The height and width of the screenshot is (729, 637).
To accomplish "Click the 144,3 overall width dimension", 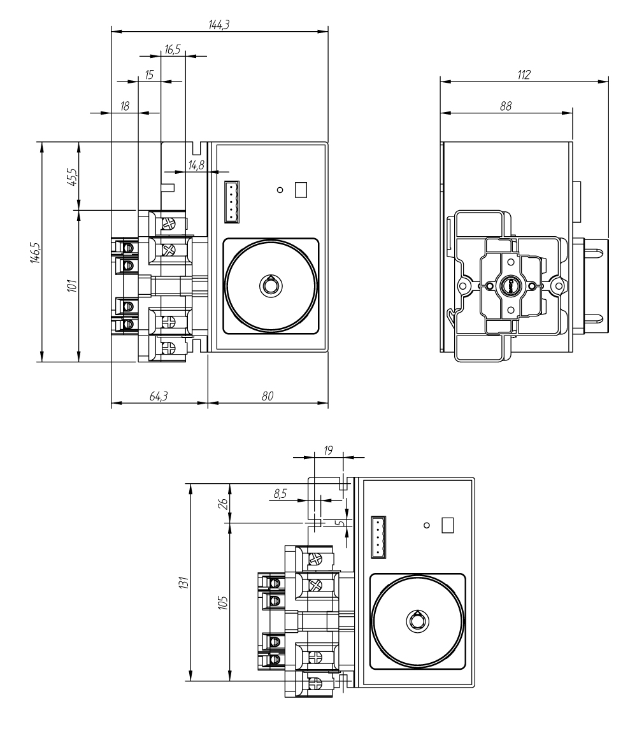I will click(x=219, y=24).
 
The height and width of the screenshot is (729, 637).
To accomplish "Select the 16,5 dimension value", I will click(x=172, y=49).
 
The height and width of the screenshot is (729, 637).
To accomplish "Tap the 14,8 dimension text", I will click(x=196, y=166).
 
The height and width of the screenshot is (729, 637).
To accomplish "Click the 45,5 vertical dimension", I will click(x=73, y=176).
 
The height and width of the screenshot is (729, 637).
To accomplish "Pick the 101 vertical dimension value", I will click(x=73, y=285).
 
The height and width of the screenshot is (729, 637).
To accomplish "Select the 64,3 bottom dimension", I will click(x=159, y=396).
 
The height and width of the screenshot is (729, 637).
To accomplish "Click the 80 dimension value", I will click(x=268, y=396).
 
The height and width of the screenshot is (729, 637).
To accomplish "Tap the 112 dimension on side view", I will click(x=524, y=74).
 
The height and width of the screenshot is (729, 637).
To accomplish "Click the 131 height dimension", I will click(x=185, y=582).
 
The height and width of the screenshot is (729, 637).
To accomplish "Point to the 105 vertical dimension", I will click(x=223, y=601).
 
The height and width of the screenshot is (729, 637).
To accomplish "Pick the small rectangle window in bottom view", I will click(x=448, y=525).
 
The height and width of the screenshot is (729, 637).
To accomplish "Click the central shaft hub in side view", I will click(x=511, y=286).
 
